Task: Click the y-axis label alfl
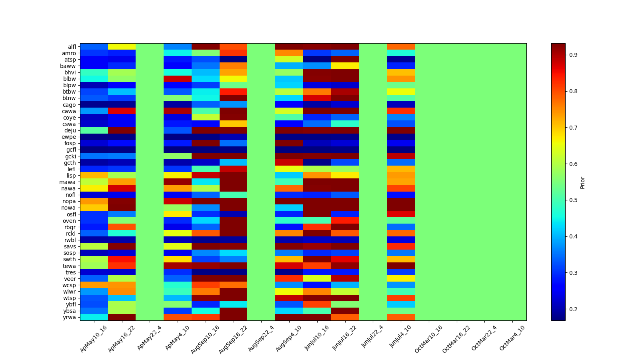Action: coord(71,47)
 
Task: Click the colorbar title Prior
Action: coord(582,182)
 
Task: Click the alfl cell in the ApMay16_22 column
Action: coord(122,47)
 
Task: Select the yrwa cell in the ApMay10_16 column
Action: coord(94,317)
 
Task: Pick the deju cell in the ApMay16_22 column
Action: coord(122,130)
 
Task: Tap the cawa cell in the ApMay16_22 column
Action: coord(122,111)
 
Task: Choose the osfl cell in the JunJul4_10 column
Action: coord(401,214)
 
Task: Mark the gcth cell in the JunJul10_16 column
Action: coord(317,163)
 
